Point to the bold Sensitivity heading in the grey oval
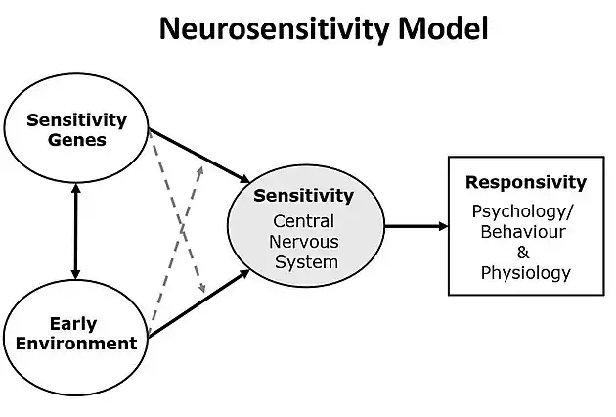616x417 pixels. (303, 196)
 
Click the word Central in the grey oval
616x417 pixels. (305, 221)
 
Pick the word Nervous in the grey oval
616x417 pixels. (305, 242)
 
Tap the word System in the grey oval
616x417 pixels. (305, 262)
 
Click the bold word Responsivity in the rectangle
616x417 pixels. (525, 182)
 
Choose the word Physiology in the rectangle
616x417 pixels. (525, 272)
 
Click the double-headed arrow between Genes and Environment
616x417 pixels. (75, 231)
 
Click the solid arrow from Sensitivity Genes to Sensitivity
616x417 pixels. (199, 154)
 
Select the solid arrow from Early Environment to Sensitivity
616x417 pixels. (199, 304)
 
